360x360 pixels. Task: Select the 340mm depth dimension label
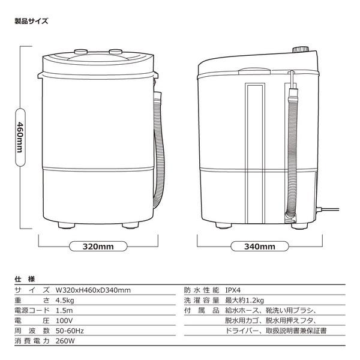(x=260, y=246)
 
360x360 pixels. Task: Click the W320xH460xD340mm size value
(x=92, y=290)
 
